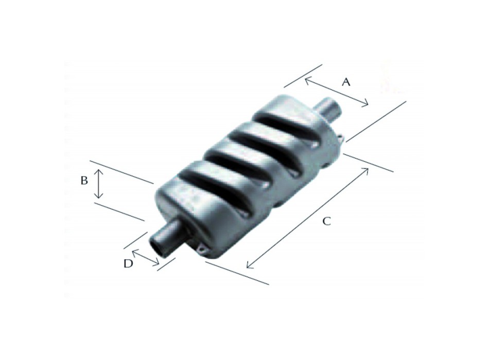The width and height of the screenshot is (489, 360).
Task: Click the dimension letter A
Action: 346,82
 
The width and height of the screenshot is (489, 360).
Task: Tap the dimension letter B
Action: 84,181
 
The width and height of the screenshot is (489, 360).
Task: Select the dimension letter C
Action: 326,221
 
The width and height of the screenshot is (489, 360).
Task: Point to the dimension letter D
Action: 128,263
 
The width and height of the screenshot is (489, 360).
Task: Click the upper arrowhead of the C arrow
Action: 366,170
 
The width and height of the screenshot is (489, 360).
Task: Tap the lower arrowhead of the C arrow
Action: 249,266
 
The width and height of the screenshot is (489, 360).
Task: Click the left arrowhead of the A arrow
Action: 307,80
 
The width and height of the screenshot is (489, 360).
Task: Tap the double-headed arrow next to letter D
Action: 146,259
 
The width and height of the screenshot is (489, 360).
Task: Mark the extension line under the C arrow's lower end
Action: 237,273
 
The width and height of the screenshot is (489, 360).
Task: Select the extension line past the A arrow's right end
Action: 376,121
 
